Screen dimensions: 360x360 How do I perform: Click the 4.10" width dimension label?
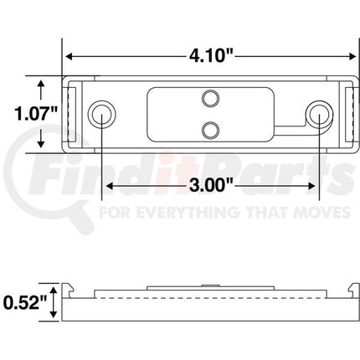coord(209,55)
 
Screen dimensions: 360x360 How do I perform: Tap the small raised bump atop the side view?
coord(209,287)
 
